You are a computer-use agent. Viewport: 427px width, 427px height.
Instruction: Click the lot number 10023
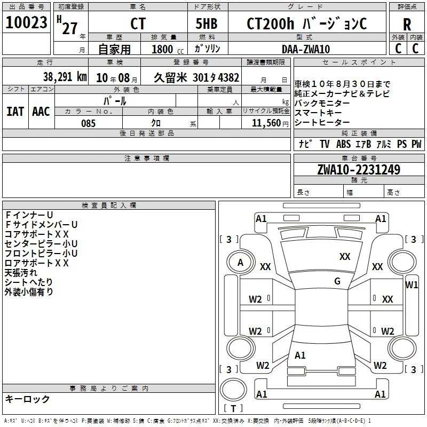pos(26,22)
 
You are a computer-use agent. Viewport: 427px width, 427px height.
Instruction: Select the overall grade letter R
pos(407,25)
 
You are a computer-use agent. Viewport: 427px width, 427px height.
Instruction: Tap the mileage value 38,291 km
pos(65,77)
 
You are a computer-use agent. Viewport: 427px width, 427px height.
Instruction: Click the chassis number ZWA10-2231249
pos(359,169)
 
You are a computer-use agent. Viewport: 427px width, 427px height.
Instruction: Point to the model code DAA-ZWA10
pos(305,49)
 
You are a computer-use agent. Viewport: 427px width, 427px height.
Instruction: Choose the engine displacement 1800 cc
pos(168,49)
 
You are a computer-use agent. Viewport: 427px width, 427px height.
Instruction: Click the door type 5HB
pos(207,23)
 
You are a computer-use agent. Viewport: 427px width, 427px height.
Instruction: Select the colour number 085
pos(88,123)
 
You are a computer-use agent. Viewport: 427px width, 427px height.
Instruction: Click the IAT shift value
pos(15,112)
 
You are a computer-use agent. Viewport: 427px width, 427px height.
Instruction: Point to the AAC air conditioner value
pos(41,112)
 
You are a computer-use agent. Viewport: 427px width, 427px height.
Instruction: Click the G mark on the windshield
pos(337,281)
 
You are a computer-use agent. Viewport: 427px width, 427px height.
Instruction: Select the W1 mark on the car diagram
pos(412,285)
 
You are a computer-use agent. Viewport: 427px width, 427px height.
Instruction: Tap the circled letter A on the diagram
pos(240,263)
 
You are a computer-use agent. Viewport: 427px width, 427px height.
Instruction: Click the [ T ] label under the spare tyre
pos(233,408)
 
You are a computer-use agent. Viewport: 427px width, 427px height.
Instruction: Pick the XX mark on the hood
pos(345,256)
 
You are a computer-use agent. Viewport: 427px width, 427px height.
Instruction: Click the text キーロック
pos(27,399)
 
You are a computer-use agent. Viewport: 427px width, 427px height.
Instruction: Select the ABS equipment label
pos(343,144)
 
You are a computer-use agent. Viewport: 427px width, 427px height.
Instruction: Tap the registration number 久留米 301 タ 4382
pos(196,77)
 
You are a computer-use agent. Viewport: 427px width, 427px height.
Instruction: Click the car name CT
pos(138,23)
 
